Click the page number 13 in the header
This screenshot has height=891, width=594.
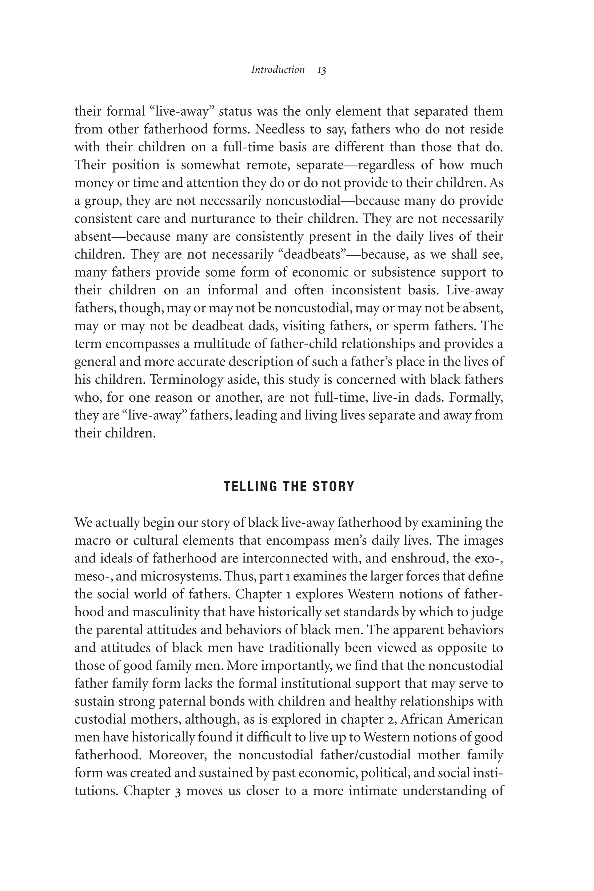pyautogui.click(x=322, y=71)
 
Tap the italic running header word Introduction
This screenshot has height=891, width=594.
pyautogui.click(x=278, y=70)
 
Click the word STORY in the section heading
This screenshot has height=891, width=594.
pyautogui.click(x=333, y=487)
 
